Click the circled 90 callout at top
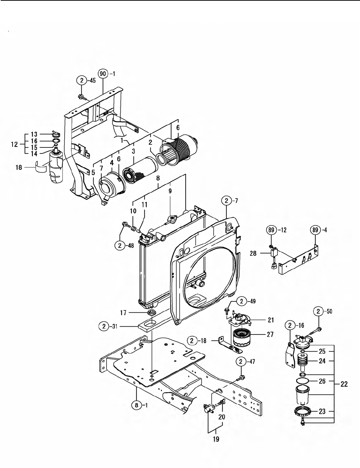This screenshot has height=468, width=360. point(103,74)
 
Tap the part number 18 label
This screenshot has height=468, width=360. point(19,167)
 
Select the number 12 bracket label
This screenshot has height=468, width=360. point(14,144)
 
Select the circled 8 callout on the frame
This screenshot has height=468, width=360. point(136,406)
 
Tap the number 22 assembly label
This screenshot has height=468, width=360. point(344,384)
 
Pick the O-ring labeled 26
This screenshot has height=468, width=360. point(302,381)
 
